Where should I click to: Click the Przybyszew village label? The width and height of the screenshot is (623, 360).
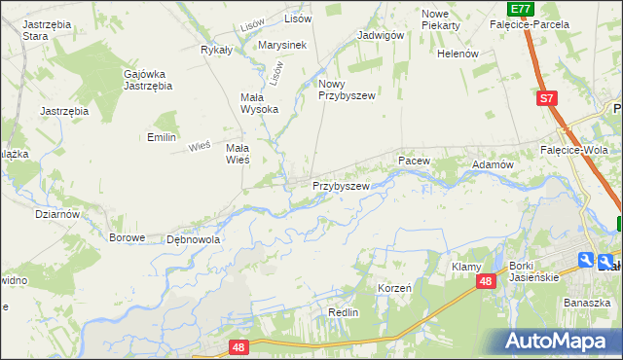(x=341, y=185)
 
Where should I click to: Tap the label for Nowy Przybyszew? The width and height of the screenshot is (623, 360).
(x=347, y=90)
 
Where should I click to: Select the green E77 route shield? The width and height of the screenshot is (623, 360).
(x=521, y=8)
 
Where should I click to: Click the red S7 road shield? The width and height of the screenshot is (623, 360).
(x=548, y=98)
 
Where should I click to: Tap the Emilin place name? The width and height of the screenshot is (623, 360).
(x=161, y=137)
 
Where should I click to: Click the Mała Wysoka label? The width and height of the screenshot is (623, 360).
(x=259, y=103)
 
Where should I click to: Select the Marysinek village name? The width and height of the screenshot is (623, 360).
(x=283, y=45)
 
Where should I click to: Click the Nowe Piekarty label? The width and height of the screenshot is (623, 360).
(x=440, y=19)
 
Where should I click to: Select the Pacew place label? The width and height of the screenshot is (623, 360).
(x=413, y=159)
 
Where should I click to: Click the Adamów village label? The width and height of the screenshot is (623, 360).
(x=493, y=165)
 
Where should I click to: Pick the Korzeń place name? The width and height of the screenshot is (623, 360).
(x=394, y=289)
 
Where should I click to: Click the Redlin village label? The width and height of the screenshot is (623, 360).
(x=344, y=312)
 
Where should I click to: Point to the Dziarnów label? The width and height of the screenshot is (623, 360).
(x=55, y=213)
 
